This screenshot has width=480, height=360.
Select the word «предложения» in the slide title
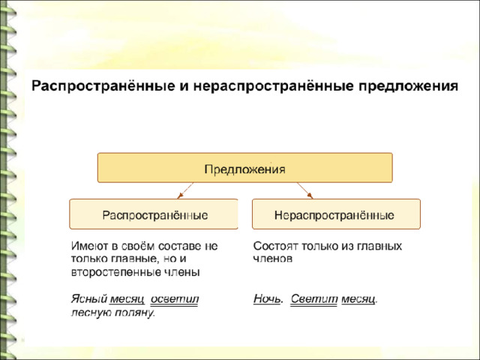tap(409, 86)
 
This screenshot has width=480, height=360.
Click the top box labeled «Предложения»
tap(245, 168)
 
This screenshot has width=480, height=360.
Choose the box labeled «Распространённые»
tap(154, 214)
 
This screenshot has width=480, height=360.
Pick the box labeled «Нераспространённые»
tap(336, 214)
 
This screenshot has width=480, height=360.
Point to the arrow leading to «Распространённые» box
tap(185, 190)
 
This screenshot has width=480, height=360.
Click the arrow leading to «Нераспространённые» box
tap(305, 190)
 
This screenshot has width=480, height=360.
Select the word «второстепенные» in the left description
tap(117, 272)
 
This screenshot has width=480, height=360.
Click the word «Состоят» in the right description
tap(276, 246)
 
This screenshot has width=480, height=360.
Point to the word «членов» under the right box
tap(273, 259)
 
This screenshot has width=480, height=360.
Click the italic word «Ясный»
tap(89, 298)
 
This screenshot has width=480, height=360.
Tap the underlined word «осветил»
tap(175, 299)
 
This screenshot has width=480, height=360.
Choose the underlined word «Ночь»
tap(267, 298)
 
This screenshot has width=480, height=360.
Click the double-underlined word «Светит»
tap(314, 298)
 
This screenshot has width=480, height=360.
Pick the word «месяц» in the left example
tap(127, 299)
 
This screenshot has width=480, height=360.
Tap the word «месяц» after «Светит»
tap(359, 299)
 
